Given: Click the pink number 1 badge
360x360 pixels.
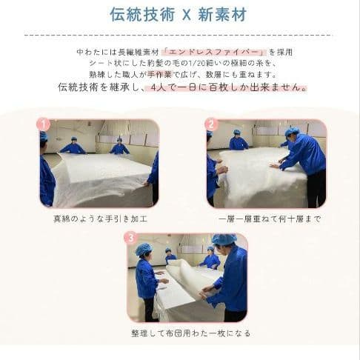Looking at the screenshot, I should pos(44,124).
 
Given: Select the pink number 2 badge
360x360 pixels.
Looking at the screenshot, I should pos(212,124).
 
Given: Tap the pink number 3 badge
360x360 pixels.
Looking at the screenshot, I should pos(131,238).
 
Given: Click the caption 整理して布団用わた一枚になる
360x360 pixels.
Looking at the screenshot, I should pos(187,333).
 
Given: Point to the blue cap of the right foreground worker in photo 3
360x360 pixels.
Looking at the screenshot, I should pos(224,240).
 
